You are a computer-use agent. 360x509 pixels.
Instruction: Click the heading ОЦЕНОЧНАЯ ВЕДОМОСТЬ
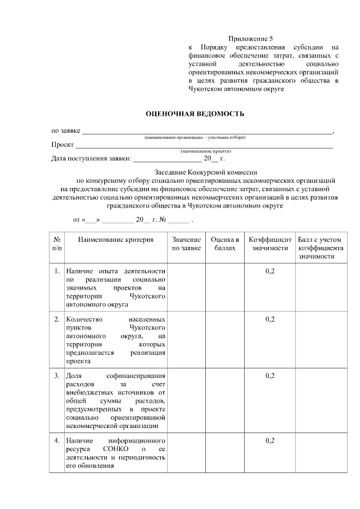pyautogui.click(x=195, y=114)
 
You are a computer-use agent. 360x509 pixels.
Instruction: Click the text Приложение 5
pyautogui.click(x=250, y=38)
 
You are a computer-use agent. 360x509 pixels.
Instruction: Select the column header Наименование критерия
pyautogui.click(x=116, y=240)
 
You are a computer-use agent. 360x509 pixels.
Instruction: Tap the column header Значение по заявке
pyautogui.click(x=186, y=244)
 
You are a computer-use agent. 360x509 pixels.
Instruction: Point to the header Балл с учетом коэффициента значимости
pyautogui.click(x=320, y=248)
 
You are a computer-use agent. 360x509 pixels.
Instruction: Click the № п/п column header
pyautogui.click(x=57, y=244)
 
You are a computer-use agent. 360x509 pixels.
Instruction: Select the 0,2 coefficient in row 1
pyautogui.click(x=270, y=272)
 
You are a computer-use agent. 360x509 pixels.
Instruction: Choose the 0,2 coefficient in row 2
pyautogui.click(x=270, y=319)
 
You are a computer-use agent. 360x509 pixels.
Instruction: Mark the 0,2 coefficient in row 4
pyautogui.click(x=270, y=440)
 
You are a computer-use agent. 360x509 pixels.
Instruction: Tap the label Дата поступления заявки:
pyautogui.click(x=91, y=159)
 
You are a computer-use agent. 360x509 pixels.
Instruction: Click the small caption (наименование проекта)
pyautogui.click(x=206, y=151)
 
